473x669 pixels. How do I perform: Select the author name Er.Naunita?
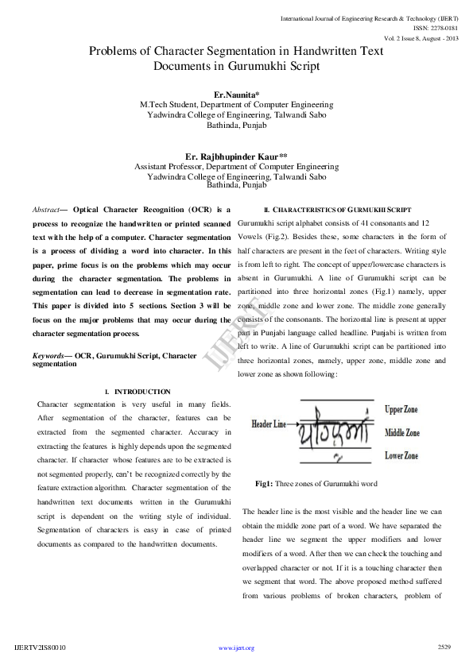pyautogui.click(x=235, y=95)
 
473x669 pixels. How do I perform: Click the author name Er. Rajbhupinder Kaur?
pyautogui.click(x=235, y=157)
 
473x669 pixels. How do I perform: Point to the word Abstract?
pyautogui.click(x=45, y=209)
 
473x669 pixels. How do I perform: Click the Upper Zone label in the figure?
pyautogui.click(x=402, y=410)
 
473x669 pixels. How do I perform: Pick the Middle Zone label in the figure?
pyautogui.click(x=402, y=434)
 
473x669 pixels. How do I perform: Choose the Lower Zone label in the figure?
pyautogui.click(x=401, y=456)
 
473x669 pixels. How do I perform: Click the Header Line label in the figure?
pyautogui.click(x=269, y=425)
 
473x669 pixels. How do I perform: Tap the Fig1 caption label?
pyautogui.click(x=264, y=483)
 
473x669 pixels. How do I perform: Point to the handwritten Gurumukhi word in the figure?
pyautogui.click(x=334, y=435)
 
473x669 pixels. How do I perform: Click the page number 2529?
pyautogui.click(x=444, y=648)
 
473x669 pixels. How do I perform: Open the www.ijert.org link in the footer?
pyautogui.click(x=236, y=648)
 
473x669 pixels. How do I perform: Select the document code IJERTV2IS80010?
pyautogui.click(x=41, y=648)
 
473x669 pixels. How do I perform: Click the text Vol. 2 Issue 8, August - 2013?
pyautogui.click(x=421, y=37)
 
